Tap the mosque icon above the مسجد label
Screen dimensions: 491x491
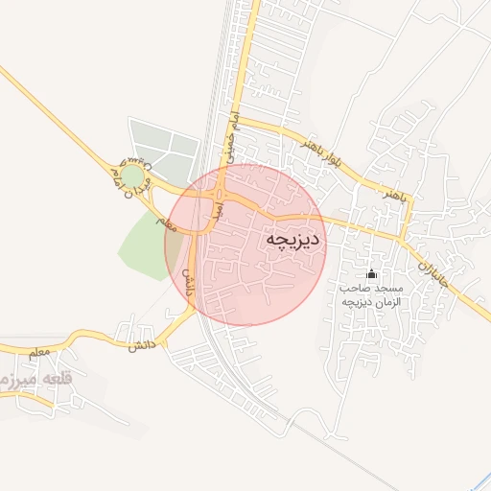pyautogui.click(x=372, y=275)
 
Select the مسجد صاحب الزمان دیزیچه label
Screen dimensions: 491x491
pyautogui.click(x=371, y=294)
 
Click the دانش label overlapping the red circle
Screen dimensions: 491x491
pyautogui.click(x=188, y=281)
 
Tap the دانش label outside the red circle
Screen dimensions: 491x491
pyautogui.click(x=134, y=342)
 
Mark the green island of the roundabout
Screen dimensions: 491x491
pyautogui.click(x=131, y=177)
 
